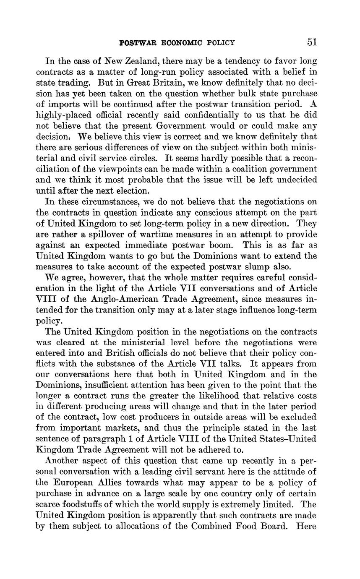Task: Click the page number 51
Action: [312, 42]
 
